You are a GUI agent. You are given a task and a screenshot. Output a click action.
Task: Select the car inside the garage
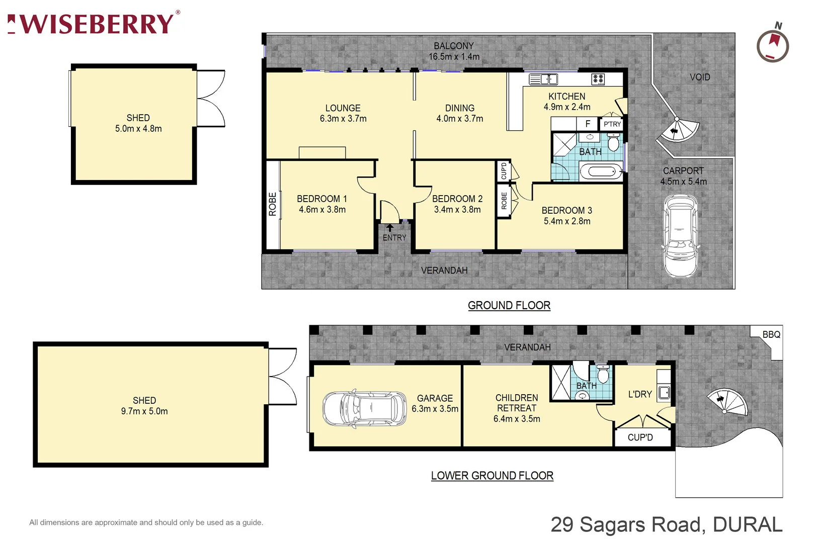click(364, 409)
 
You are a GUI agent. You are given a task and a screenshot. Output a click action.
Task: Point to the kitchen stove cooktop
click(598, 79)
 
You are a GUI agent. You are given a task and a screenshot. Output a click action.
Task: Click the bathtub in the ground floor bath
click(601, 172)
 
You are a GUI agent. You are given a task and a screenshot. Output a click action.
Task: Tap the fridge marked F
click(587, 124)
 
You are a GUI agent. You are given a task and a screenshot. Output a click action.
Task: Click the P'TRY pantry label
click(612, 124)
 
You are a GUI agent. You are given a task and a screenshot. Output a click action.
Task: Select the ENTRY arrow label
click(394, 234)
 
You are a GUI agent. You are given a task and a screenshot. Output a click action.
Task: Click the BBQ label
click(771, 334)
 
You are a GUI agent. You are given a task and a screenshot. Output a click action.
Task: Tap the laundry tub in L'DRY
click(664, 392)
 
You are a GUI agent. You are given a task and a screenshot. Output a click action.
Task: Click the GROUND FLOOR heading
click(509, 305)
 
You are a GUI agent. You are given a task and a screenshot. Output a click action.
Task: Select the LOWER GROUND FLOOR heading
click(492, 476)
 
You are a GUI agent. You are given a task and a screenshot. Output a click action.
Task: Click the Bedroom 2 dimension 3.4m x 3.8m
click(457, 210)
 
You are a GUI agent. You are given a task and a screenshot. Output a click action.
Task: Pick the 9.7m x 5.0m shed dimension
click(144, 411)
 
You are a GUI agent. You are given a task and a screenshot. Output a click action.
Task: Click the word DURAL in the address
click(748, 524)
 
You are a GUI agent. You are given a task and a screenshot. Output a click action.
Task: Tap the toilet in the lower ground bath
click(603, 375)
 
